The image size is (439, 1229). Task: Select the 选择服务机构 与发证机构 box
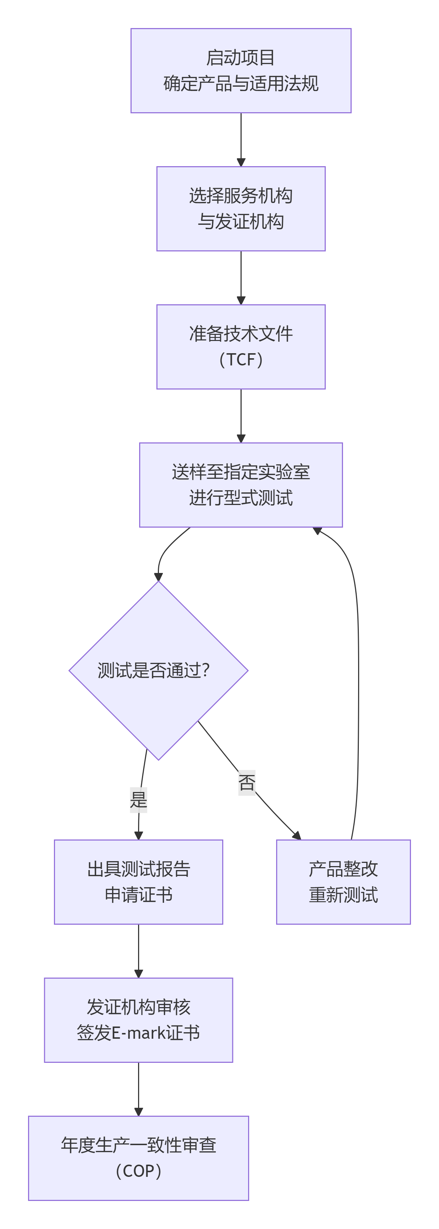click(241, 209)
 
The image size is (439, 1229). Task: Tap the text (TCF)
click(241, 360)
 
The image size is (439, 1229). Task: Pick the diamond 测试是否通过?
click(159, 670)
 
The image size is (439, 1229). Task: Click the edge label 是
click(138, 800)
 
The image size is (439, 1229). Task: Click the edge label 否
click(247, 782)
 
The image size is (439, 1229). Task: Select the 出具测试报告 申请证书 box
click(138, 882)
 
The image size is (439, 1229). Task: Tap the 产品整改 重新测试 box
click(343, 882)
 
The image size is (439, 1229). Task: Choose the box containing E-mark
click(138, 1020)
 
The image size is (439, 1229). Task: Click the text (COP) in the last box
click(138, 1171)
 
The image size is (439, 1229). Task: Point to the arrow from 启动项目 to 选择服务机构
click(241, 139)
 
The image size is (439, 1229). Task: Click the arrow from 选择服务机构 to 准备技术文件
click(241, 278)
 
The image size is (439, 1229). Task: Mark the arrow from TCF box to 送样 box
click(241, 415)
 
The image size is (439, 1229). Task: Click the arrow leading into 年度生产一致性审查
click(138, 1089)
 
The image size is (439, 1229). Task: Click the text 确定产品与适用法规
click(241, 83)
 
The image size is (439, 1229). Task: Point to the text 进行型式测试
click(241, 498)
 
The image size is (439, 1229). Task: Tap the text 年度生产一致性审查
click(138, 1145)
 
